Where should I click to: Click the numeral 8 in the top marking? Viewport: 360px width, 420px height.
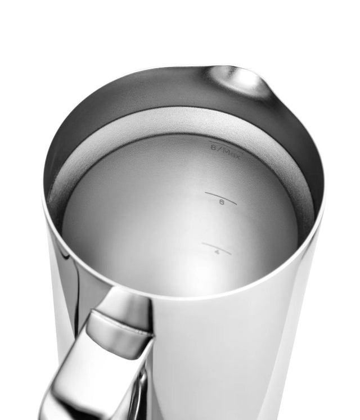214,148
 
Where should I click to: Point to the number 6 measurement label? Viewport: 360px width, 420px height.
222,204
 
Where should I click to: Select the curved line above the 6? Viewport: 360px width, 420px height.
220,196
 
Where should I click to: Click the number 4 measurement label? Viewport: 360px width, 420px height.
216,254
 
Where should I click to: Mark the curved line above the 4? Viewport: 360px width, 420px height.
216,247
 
